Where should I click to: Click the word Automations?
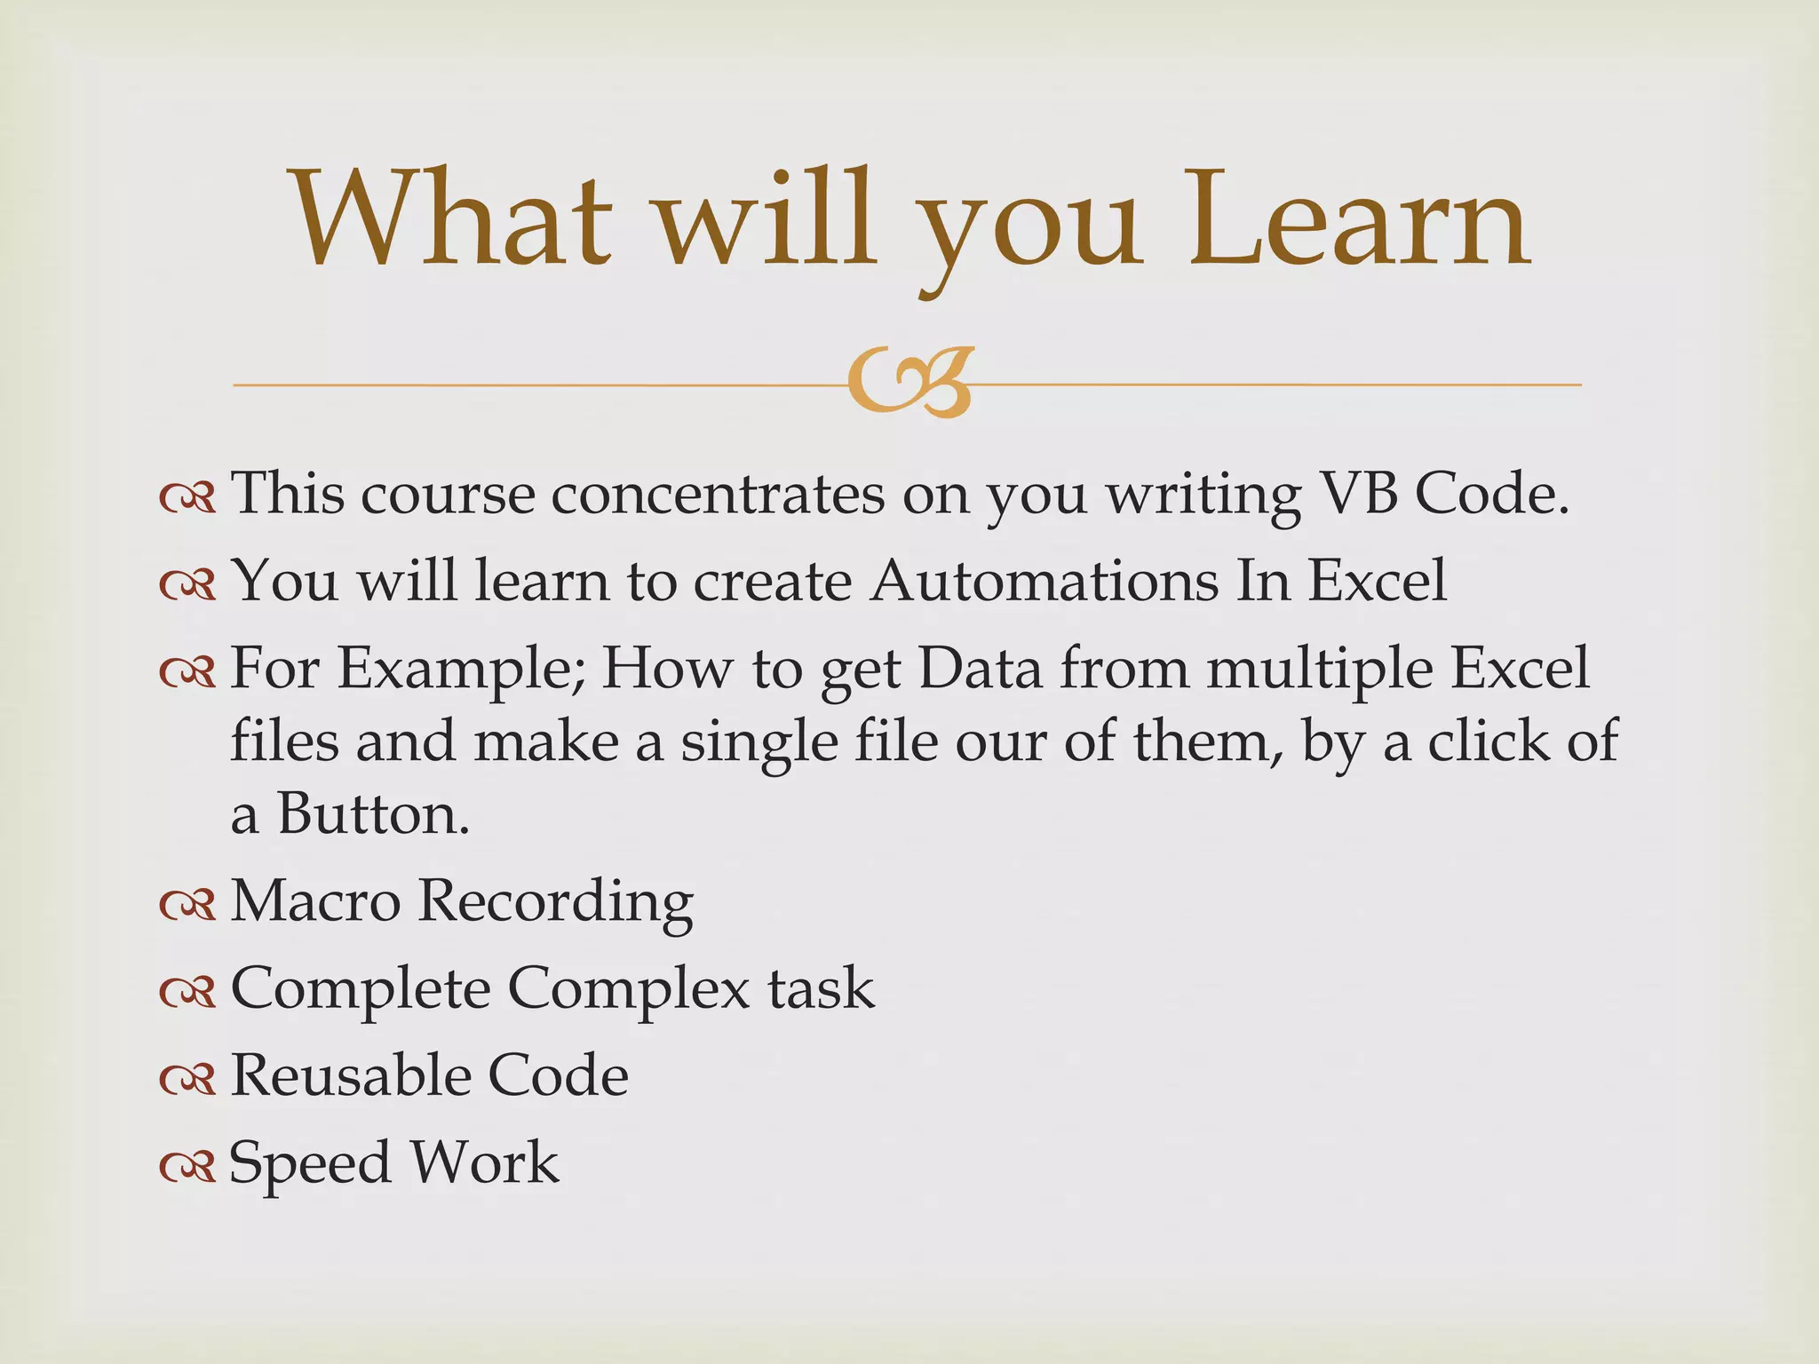pos(1044,581)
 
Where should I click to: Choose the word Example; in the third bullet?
pos(462,670)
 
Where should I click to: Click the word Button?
pos(373,813)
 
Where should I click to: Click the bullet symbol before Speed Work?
pos(187,1167)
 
